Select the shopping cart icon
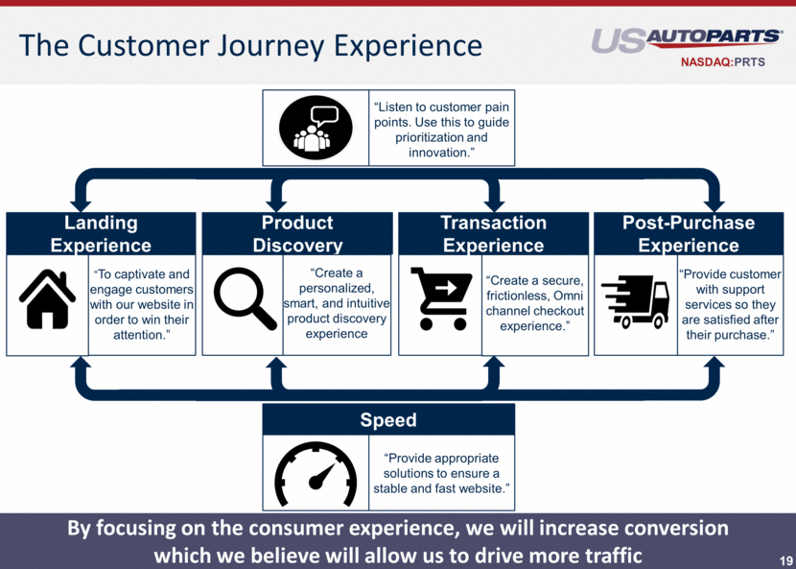[x=442, y=298]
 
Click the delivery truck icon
[x=635, y=300]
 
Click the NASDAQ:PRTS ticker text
[x=730, y=65]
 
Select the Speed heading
[x=388, y=420]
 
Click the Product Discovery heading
[x=297, y=234]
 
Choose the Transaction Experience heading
[x=493, y=234]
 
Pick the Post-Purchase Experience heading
[x=689, y=234]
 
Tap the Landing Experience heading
[x=101, y=234]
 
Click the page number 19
[x=785, y=558]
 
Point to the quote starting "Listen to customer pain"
[x=442, y=130]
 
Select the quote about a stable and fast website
[x=441, y=473]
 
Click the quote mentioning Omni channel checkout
[x=534, y=303]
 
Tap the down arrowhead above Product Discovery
[x=277, y=203]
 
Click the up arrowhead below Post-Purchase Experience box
[x=714, y=366]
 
